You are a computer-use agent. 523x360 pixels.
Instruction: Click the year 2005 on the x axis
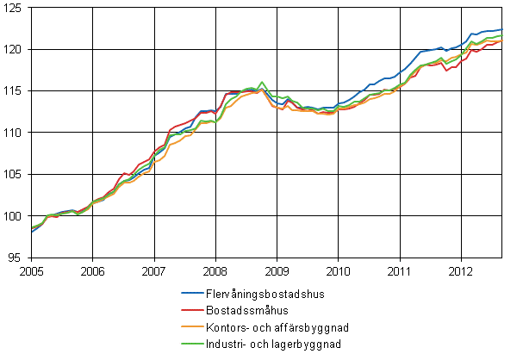[x=32, y=270]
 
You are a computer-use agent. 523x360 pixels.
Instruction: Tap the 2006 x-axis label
[x=93, y=270]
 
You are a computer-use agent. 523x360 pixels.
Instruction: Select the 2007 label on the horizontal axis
[x=154, y=270]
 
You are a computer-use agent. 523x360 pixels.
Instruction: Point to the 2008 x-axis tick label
[x=215, y=270]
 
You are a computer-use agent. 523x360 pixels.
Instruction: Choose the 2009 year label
[x=277, y=270]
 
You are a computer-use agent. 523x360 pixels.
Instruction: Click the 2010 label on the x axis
[x=338, y=270]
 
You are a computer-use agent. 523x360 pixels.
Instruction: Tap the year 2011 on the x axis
[x=400, y=270]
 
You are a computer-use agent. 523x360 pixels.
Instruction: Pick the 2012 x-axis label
[x=461, y=270]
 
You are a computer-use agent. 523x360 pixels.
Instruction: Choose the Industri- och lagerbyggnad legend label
[x=271, y=343]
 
